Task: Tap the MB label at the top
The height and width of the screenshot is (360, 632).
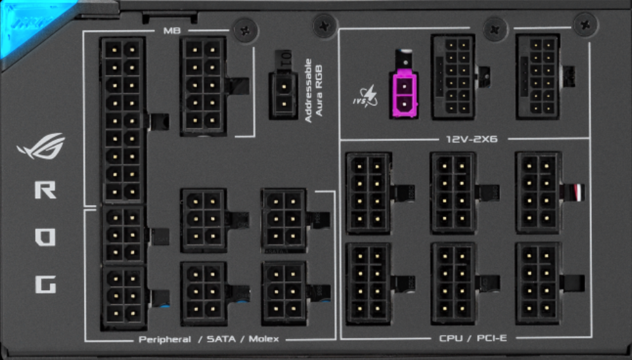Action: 171,30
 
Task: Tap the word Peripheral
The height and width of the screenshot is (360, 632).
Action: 165,339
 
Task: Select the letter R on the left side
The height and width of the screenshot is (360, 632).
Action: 44,190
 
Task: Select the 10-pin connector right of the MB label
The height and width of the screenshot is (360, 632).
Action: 203,85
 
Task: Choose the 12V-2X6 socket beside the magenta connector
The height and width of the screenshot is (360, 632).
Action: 452,76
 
